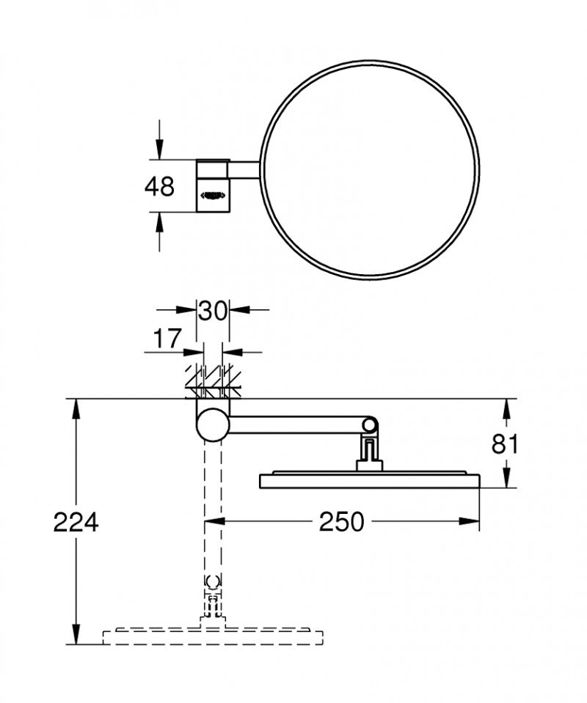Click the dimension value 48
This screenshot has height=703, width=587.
[159, 186]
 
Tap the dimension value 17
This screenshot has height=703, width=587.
[168, 339]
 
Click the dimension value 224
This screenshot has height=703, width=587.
[76, 523]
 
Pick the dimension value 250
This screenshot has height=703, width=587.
[341, 522]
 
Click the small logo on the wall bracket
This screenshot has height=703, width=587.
[212, 196]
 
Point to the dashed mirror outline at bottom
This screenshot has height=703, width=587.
[213, 636]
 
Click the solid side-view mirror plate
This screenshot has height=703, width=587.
[370, 480]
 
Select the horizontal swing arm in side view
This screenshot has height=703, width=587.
[293, 424]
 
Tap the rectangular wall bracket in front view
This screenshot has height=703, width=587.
[212, 186]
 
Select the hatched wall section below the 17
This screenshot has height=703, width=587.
[214, 381]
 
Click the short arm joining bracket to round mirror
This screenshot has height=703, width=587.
[245, 169]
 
